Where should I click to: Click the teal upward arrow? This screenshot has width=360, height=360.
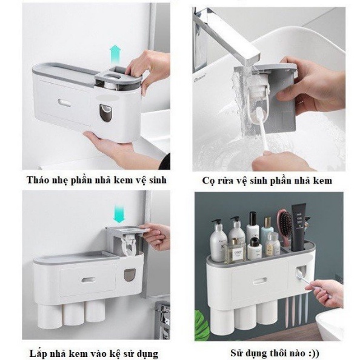(115, 55)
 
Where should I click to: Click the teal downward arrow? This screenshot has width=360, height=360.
(119, 215)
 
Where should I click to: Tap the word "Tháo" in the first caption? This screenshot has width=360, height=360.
(36, 180)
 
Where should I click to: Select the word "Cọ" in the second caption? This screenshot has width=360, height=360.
(208, 181)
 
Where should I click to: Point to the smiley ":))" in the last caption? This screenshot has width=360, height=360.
(313, 353)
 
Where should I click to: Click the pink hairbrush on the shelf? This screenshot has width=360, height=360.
(285, 227)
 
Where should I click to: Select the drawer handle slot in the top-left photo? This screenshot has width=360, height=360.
(64, 102)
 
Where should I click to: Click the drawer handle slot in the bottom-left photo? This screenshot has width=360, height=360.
(88, 280)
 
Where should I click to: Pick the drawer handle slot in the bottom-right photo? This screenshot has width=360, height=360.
(260, 281)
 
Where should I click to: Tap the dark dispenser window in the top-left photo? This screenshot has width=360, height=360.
(105, 113)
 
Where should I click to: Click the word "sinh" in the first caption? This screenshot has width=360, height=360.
(158, 180)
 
